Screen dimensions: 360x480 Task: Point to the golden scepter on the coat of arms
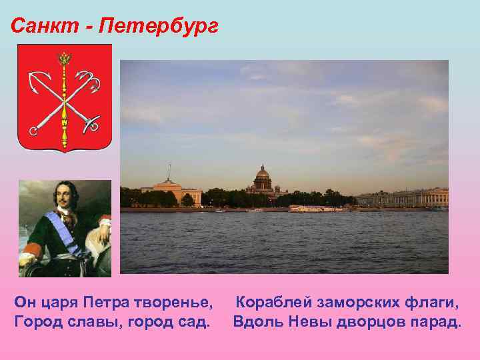tap(65, 100)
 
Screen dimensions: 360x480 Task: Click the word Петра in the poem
tap(110, 304)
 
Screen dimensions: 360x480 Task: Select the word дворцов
tap(371, 322)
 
